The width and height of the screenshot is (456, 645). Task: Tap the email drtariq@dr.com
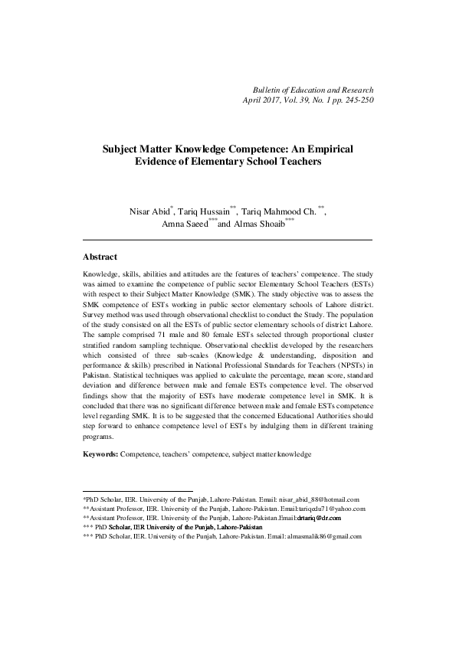320,518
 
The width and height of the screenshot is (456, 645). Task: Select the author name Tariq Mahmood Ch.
287,211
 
